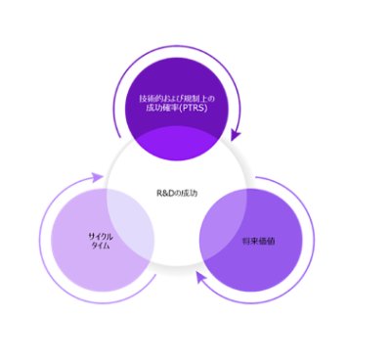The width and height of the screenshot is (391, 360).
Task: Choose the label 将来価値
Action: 257,240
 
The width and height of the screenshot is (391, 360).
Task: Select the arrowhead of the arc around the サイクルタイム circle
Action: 99,178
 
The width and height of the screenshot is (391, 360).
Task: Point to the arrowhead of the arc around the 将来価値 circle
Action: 199,276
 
